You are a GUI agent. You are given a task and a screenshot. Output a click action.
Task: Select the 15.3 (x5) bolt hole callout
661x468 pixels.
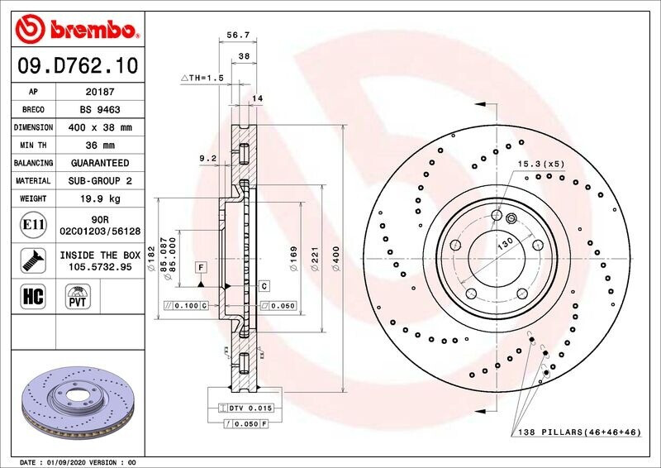[x=541, y=164]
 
